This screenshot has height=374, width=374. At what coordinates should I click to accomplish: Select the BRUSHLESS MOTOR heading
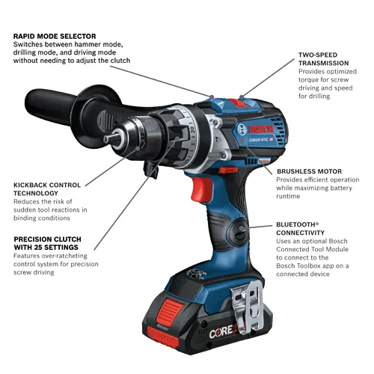[308, 171]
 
